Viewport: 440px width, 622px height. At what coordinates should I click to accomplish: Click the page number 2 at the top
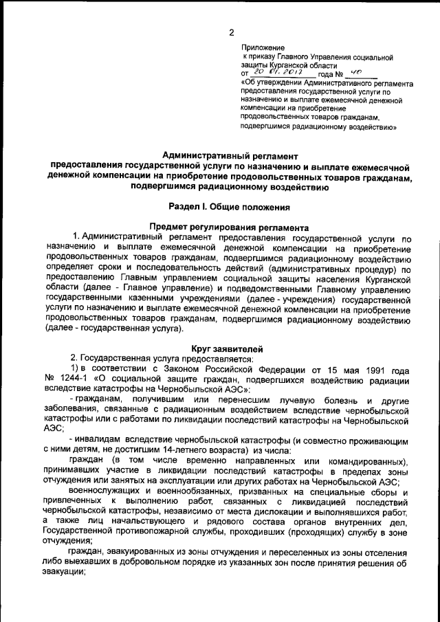232,32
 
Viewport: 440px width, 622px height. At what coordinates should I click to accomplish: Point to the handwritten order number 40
355,71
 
